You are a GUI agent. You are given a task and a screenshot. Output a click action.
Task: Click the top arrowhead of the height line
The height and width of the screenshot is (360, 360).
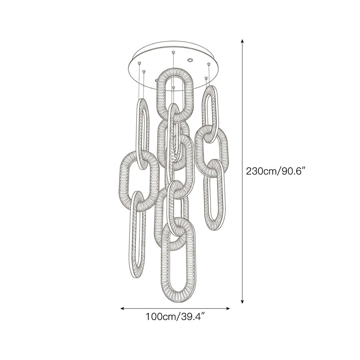(242, 41)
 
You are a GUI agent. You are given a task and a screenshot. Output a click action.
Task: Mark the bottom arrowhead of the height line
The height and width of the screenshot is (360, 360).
(242, 301)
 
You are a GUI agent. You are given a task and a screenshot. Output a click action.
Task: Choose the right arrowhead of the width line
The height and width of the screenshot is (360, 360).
(228, 309)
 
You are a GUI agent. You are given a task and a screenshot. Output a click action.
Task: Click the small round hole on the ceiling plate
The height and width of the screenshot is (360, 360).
(190, 60)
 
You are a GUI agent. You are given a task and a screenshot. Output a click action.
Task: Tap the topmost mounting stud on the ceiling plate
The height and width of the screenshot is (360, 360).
(173, 53)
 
